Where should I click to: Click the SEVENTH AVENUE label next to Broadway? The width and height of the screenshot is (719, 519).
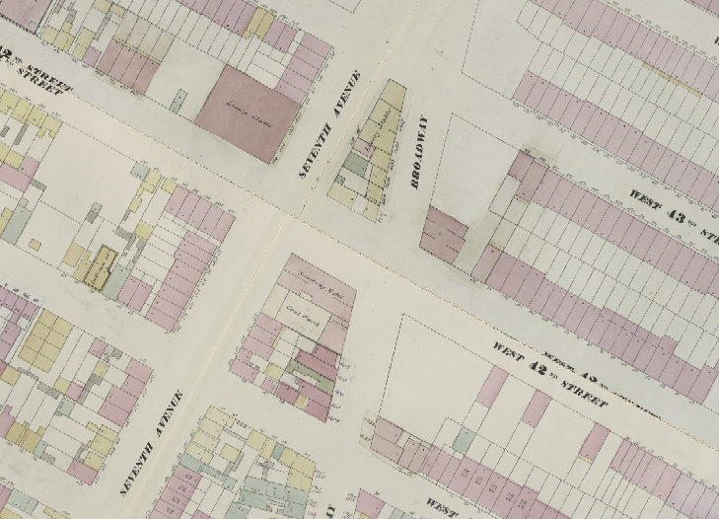(x=330, y=125)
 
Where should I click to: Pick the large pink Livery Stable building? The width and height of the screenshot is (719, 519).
(x=247, y=111)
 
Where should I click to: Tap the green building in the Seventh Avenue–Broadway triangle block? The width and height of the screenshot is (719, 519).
(x=352, y=163)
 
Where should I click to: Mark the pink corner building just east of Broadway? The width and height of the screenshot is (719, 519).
(x=444, y=236)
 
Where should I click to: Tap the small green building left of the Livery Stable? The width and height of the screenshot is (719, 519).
(x=179, y=100)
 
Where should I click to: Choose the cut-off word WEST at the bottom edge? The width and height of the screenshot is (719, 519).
(x=442, y=504)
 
